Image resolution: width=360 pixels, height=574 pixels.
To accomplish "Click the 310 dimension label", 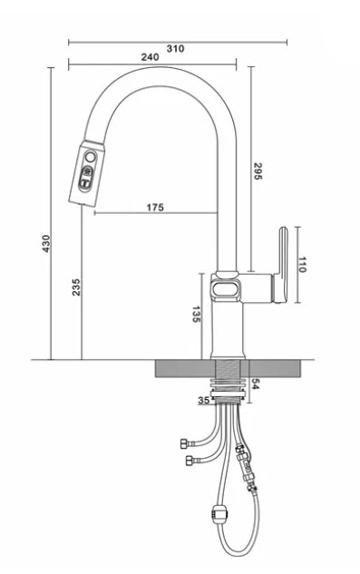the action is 175,48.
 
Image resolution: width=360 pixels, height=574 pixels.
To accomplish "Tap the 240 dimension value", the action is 151,57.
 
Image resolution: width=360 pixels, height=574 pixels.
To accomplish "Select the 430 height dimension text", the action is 46,243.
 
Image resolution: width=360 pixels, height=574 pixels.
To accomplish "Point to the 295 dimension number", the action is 258,171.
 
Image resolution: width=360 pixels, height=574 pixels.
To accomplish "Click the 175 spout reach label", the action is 155,207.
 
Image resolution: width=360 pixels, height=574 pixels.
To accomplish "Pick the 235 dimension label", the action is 76,287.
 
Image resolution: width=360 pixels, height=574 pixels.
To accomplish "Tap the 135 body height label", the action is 196,314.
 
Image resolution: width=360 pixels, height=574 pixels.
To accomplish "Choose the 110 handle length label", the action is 302,265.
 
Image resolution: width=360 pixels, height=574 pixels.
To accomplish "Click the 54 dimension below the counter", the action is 255,384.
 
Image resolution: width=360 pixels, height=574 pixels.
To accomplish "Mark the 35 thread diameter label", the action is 204,401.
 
